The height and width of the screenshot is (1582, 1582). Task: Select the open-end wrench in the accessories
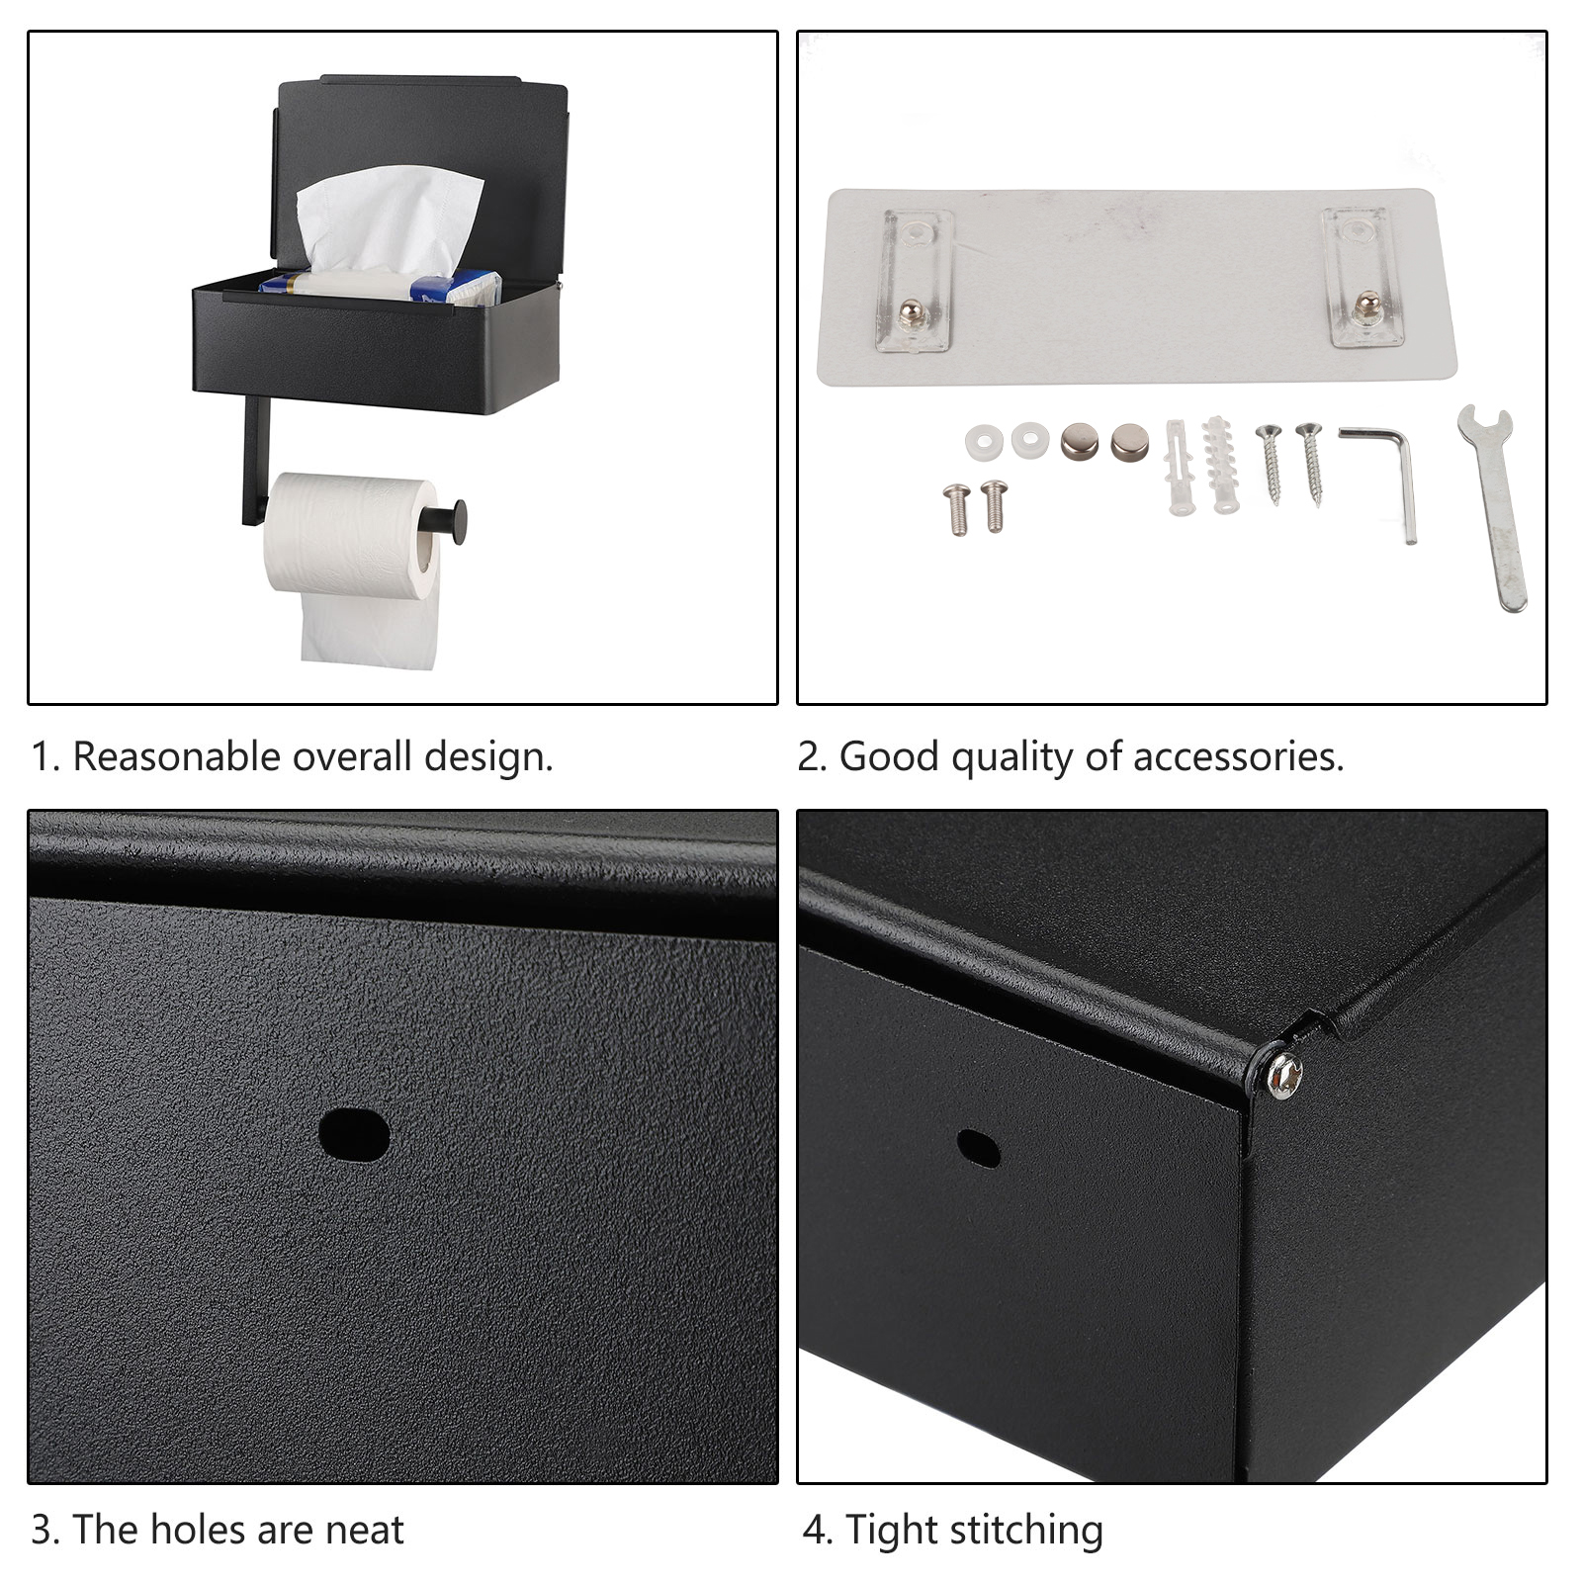[1492, 507]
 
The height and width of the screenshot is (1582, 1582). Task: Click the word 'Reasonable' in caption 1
[176, 757]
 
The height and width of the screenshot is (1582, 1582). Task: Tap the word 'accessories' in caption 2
[1239, 757]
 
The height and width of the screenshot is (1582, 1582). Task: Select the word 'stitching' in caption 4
[1025, 1531]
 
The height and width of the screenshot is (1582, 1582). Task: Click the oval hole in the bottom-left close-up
[353, 1134]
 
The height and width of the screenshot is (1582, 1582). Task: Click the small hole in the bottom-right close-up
[978, 1148]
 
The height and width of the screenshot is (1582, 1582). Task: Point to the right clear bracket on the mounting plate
[1362, 277]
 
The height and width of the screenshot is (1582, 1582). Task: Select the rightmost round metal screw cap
[1129, 441]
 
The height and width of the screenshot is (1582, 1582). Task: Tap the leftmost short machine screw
[957, 508]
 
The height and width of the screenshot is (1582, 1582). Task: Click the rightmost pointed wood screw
[1311, 463]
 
